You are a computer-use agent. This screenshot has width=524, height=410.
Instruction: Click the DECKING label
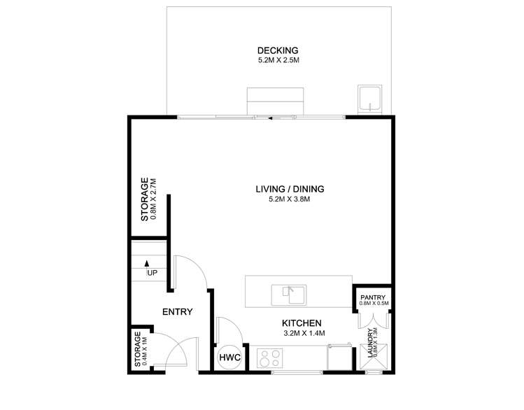click(277, 50)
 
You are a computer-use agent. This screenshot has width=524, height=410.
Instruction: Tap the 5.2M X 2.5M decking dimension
click(277, 61)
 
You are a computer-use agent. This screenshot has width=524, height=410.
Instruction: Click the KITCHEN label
click(301, 323)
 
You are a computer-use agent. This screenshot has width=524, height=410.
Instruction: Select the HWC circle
click(230, 358)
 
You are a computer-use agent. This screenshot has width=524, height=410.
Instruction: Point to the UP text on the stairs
click(151, 273)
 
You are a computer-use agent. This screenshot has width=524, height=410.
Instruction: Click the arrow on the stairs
click(148, 264)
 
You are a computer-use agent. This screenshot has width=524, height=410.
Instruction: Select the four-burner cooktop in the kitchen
click(269, 358)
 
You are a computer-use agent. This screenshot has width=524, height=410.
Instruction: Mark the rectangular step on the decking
click(275, 100)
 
